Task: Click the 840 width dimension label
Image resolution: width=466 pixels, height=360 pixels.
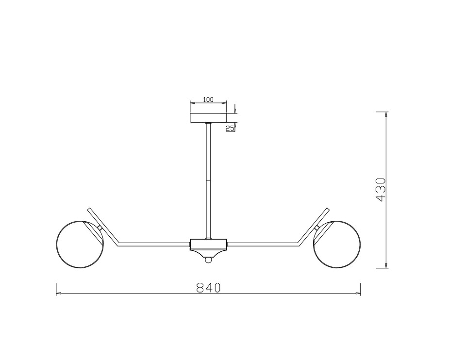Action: click(x=208, y=287)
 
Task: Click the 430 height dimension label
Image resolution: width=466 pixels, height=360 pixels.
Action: click(x=381, y=190)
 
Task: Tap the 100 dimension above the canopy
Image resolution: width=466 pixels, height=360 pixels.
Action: click(x=208, y=99)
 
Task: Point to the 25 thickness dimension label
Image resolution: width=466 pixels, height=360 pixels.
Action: click(x=230, y=128)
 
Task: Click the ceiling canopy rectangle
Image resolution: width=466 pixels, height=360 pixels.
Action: click(x=208, y=117)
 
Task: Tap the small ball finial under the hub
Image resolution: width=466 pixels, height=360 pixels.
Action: click(x=208, y=260)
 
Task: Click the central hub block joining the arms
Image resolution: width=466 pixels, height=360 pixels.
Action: click(x=208, y=245)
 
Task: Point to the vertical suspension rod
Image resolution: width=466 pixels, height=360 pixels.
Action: click(x=208, y=181)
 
